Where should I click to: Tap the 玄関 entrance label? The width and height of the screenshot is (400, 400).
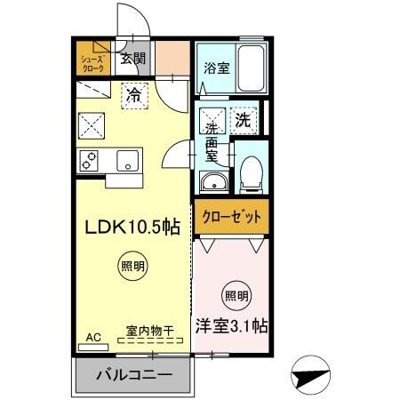133,60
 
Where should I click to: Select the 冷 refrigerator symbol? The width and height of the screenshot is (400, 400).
132,92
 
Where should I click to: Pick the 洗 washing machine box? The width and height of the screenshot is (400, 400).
243,117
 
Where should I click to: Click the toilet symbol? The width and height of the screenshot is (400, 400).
252,170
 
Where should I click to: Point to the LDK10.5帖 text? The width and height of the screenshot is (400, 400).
132,227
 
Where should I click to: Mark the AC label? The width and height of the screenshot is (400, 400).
92,338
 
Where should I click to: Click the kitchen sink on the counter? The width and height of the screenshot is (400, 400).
127,162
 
